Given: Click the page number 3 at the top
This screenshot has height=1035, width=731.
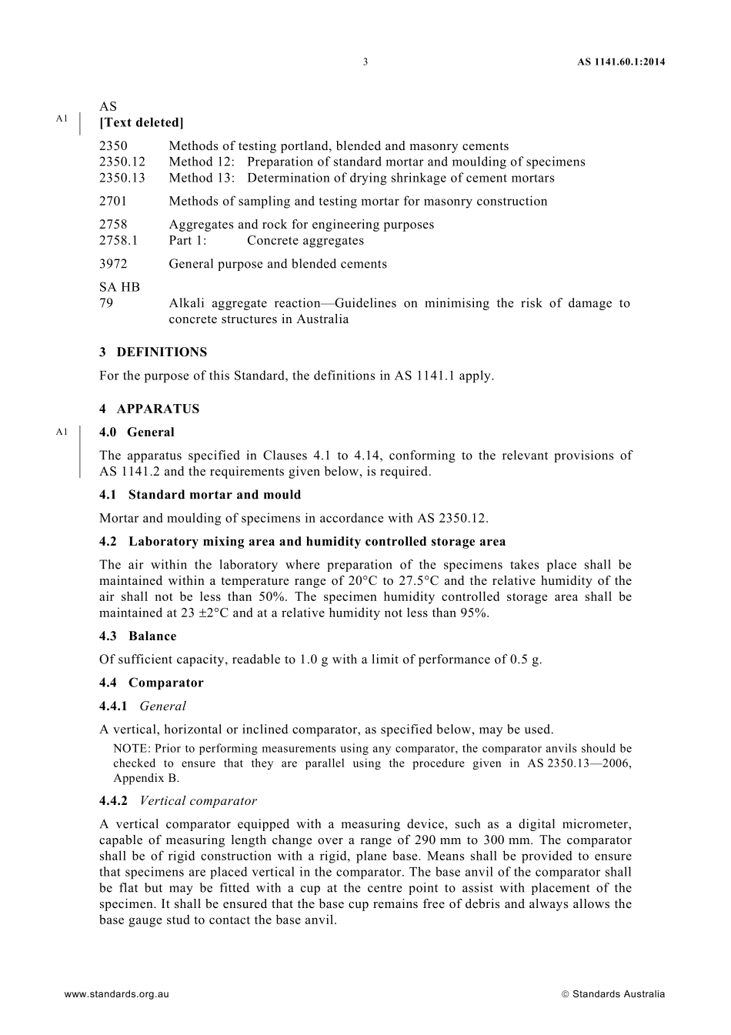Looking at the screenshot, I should [365, 62].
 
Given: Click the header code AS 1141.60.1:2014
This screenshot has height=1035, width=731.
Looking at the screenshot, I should [621, 62].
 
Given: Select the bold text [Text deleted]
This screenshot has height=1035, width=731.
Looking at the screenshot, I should [142, 122].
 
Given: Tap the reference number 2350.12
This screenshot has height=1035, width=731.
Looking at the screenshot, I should [122, 162].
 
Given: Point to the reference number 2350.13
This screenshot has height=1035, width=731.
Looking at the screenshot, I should [122, 178].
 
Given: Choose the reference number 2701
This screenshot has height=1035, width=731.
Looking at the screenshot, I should [113, 201].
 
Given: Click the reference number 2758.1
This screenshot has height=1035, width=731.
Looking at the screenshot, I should [118, 240].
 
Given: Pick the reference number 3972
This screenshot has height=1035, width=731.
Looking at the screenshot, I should [113, 263].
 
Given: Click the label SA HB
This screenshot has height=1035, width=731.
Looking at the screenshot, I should [119, 287].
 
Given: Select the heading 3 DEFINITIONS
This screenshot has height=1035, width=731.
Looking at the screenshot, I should [153, 352].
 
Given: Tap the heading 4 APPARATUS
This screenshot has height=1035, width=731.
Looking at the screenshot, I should [149, 409].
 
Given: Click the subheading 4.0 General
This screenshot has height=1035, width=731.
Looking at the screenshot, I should [137, 432].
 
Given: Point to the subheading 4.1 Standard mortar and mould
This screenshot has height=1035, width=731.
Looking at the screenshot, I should [200, 495].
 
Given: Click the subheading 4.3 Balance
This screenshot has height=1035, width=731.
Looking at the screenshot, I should [138, 636].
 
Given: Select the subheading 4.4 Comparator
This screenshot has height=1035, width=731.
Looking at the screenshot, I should [152, 683].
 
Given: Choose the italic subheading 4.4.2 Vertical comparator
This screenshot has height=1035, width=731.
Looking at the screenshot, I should [178, 801].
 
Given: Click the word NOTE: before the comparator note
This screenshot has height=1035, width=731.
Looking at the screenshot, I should [132, 748].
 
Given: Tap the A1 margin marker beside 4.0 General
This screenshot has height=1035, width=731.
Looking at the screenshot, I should [62, 432].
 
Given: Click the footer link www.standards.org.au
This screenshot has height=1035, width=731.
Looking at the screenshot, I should [116, 993].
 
